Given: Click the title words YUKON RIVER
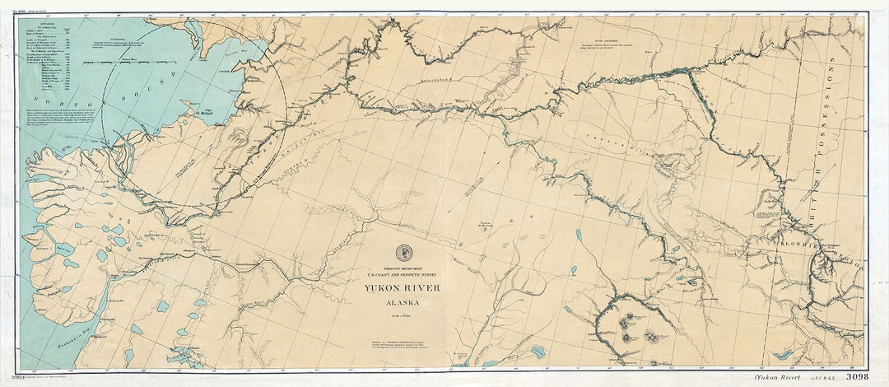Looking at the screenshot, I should [x=403, y=287].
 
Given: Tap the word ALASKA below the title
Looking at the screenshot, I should [x=403, y=301].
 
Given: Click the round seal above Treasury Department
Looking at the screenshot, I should [x=403, y=253].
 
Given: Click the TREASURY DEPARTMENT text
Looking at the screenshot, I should [x=403, y=265].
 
